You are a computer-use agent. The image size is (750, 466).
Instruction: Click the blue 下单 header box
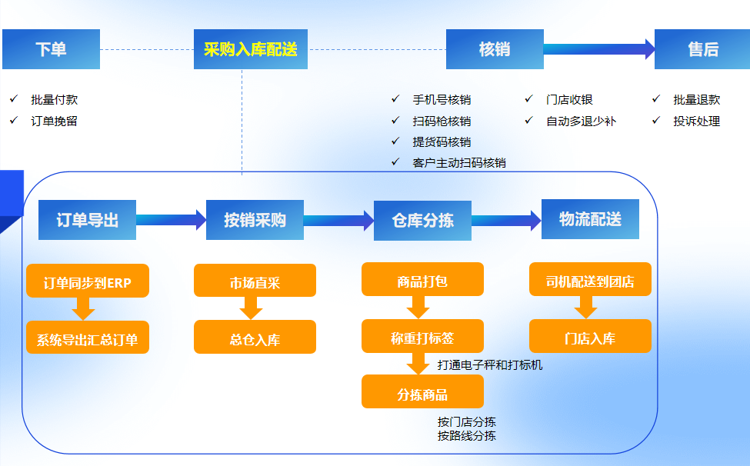[51, 49]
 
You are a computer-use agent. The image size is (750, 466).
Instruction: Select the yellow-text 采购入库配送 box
[250, 49]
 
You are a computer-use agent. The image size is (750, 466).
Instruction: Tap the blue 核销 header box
[495, 49]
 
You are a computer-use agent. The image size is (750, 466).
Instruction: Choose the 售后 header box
[703, 49]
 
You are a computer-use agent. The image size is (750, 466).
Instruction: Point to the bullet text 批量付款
[54, 99]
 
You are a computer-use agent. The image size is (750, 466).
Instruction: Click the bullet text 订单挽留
[54, 121]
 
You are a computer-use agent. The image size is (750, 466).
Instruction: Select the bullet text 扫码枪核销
[442, 121]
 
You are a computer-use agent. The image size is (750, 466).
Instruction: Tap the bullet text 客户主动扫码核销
[458, 162]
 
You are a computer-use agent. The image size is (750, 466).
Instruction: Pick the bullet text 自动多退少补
[581, 121]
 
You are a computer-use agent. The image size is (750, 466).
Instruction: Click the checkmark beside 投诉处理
[656, 121]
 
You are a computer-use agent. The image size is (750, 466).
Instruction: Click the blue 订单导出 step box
[87, 220]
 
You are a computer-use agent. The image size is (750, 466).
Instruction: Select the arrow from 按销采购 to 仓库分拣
[338, 221]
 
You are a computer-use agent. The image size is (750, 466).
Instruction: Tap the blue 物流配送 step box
[590, 219]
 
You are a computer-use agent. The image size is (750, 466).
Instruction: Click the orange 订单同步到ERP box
[87, 282]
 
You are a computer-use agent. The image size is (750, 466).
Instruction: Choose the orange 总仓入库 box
[255, 338]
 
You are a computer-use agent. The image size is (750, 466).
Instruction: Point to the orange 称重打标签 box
[422, 338]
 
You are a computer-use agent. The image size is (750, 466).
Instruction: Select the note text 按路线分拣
[466, 436]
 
